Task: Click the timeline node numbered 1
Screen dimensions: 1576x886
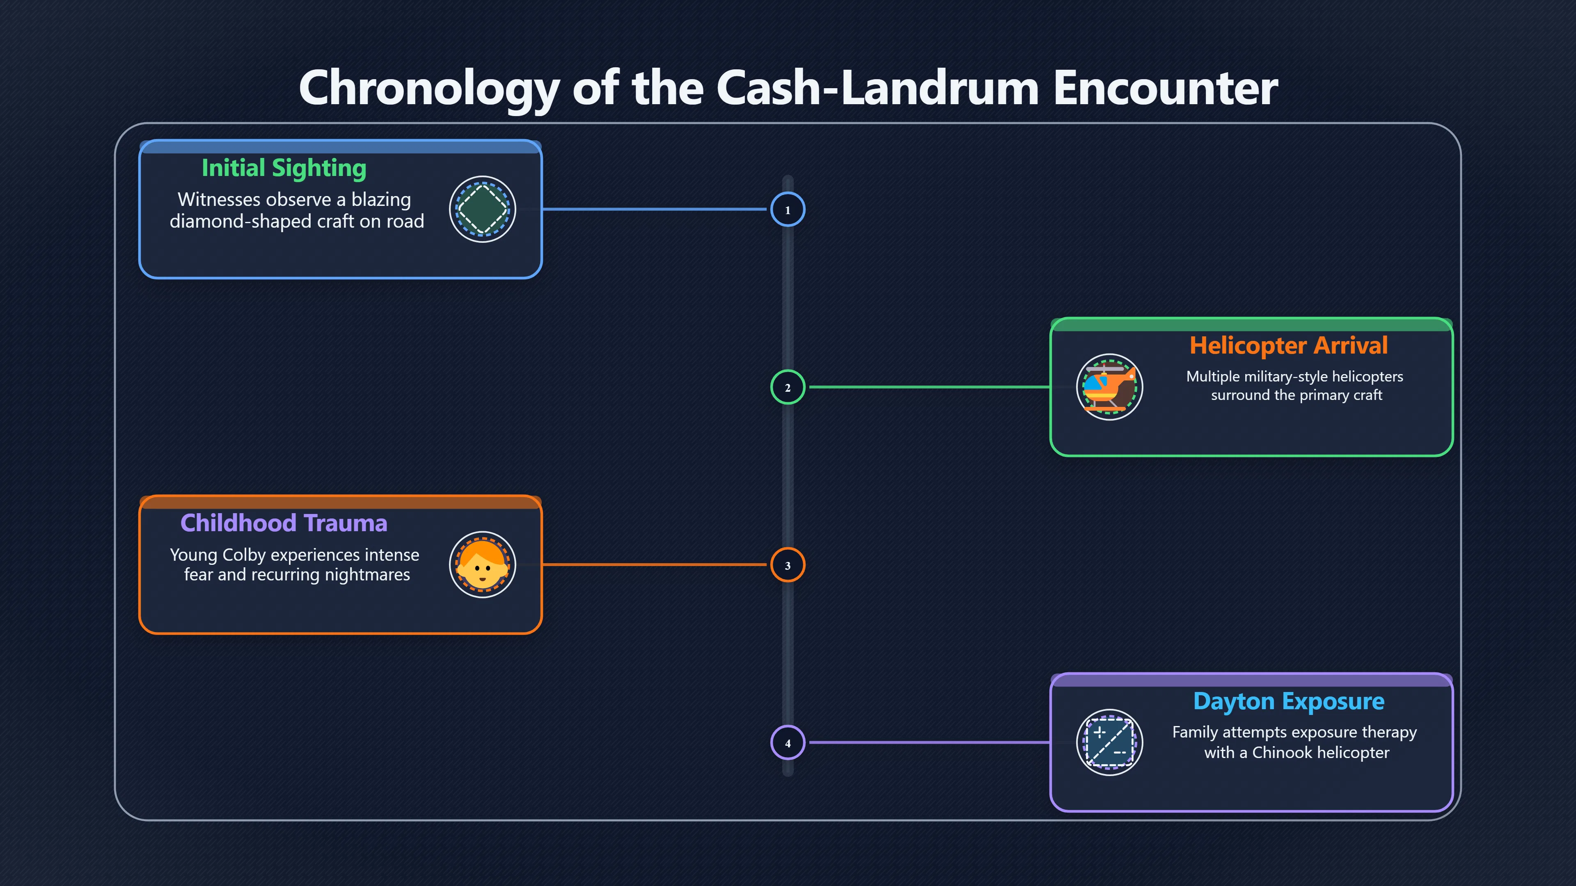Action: (x=788, y=209)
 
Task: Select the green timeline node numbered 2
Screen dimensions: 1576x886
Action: (x=788, y=387)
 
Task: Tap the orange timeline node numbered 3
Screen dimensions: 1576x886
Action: (x=788, y=565)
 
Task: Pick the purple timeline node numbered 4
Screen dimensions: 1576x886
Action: (x=788, y=742)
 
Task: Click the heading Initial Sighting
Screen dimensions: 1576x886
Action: (x=284, y=168)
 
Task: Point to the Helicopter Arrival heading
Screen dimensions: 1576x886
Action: (x=1288, y=345)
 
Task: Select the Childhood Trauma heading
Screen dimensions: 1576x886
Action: (x=284, y=523)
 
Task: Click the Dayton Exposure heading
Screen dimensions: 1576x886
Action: (x=1288, y=701)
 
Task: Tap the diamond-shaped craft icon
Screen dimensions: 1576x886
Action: (x=483, y=209)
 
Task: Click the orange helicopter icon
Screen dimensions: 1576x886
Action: (x=1109, y=387)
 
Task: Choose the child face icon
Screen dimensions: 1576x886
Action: (x=483, y=565)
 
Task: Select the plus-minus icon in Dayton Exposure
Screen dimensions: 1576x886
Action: (x=1109, y=742)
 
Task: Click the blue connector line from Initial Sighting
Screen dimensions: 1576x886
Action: (x=655, y=209)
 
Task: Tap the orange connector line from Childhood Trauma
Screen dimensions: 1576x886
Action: (x=655, y=565)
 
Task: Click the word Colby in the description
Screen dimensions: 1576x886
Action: (x=244, y=555)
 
